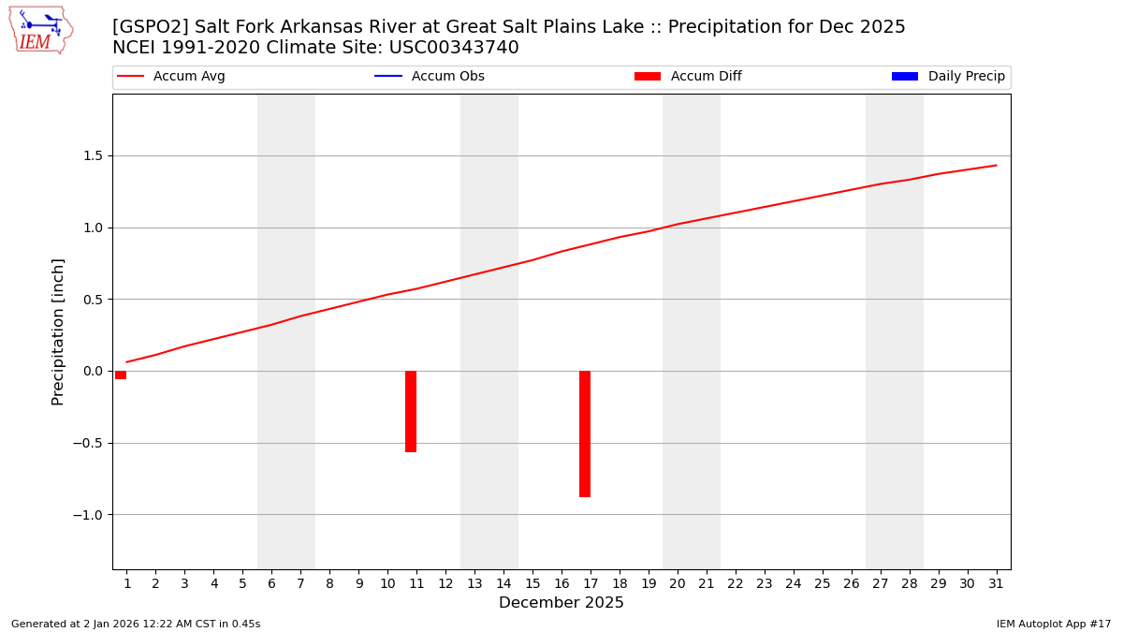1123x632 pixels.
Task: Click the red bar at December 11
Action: [x=411, y=411]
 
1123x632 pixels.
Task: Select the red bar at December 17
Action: [x=585, y=434]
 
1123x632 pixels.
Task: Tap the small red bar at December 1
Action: [x=121, y=375]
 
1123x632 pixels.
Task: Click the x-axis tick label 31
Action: [x=996, y=584]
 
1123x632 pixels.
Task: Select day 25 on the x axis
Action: [x=822, y=584]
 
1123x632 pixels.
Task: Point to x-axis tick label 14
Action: [x=503, y=584]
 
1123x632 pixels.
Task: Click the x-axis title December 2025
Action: [x=561, y=603]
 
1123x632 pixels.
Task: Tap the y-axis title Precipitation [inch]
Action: [x=58, y=331]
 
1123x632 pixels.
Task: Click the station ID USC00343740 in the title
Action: [x=454, y=48]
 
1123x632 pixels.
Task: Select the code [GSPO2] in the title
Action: [x=151, y=27]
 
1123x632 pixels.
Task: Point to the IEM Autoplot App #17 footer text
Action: [x=1054, y=624]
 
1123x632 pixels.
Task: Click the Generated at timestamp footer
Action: [x=136, y=624]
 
